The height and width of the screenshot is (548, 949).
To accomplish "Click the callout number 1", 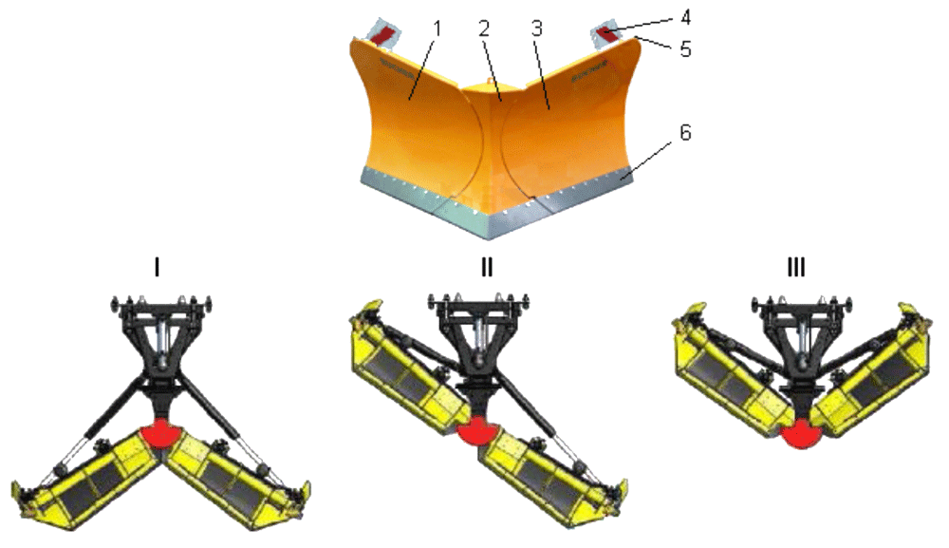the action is pyautogui.click(x=437, y=29).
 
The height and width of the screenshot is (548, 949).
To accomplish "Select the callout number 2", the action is pyautogui.click(x=484, y=29).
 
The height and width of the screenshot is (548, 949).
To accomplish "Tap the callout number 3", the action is pyautogui.click(x=537, y=29).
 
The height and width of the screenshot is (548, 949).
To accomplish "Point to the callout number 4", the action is pyautogui.click(x=685, y=17).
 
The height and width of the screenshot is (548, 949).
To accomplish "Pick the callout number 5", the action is pyautogui.click(x=685, y=49).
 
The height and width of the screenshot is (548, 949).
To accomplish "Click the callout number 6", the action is pyautogui.click(x=685, y=132).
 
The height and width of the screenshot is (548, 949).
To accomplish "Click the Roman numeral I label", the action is pyautogui.click(x=158, y=267).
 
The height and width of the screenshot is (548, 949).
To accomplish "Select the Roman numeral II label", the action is pyautogui.click(x=487, y=267).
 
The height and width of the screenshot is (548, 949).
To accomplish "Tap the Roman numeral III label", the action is pyautogui.click(x=796, y=267).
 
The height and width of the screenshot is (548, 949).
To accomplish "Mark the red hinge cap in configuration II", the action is pyautogui.click(x=478, y=431).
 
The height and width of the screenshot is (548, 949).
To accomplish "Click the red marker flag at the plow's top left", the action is pyautogui.click(x=381, y=35).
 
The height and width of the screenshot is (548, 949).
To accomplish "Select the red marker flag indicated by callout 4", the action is pyautogui.click(x=607, y=35).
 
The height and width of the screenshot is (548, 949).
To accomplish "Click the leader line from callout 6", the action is pyautogui.click(x=645, y=160).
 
